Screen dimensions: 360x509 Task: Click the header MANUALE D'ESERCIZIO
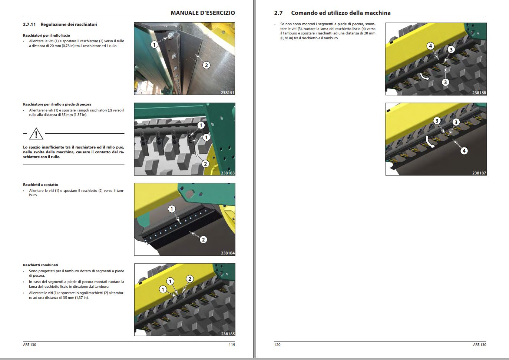pyautogui.click(x=202, y=13)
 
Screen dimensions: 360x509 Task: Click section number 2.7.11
pyautogui.click(x=29, y=24)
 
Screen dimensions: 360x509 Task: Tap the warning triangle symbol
pyautogui.click(x=36, y=133)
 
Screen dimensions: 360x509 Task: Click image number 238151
pyautogui.click(x=228, y=93)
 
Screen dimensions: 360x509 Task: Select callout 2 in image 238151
pyautogui.click(x=206, y=65)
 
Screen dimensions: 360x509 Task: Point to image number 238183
pyautogui.click(x=228, y=173)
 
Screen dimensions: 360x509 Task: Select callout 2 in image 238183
pyautogui.click(x=205, y=164)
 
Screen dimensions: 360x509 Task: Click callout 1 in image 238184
pyautogui.click(x=172, y=209)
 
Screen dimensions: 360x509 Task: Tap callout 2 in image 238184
pyautogui.click(x=203, y=240)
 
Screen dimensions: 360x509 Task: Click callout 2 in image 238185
pyautogui.click(x=189, y=279)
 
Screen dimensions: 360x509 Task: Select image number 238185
pyautogui.click(x=228, y=334)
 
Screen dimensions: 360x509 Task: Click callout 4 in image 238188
pyautogui.click(x=430, y=46)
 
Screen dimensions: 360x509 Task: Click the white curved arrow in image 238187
pyautogui.click(x=430, y=142)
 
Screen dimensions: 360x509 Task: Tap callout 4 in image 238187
pyautogui.click(x=464, y=151)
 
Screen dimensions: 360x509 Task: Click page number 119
pyautogui.click(x=232, y=345)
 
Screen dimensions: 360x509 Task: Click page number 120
pyautogui.click(x=277, y=345)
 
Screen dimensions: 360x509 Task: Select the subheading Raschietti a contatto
pyautogui.click(x=40, y=185)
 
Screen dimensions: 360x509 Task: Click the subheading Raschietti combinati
pyautogui.click(x=40, y=265)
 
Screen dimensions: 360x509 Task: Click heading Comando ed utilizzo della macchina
pyautogui.click(x=340, y=13)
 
